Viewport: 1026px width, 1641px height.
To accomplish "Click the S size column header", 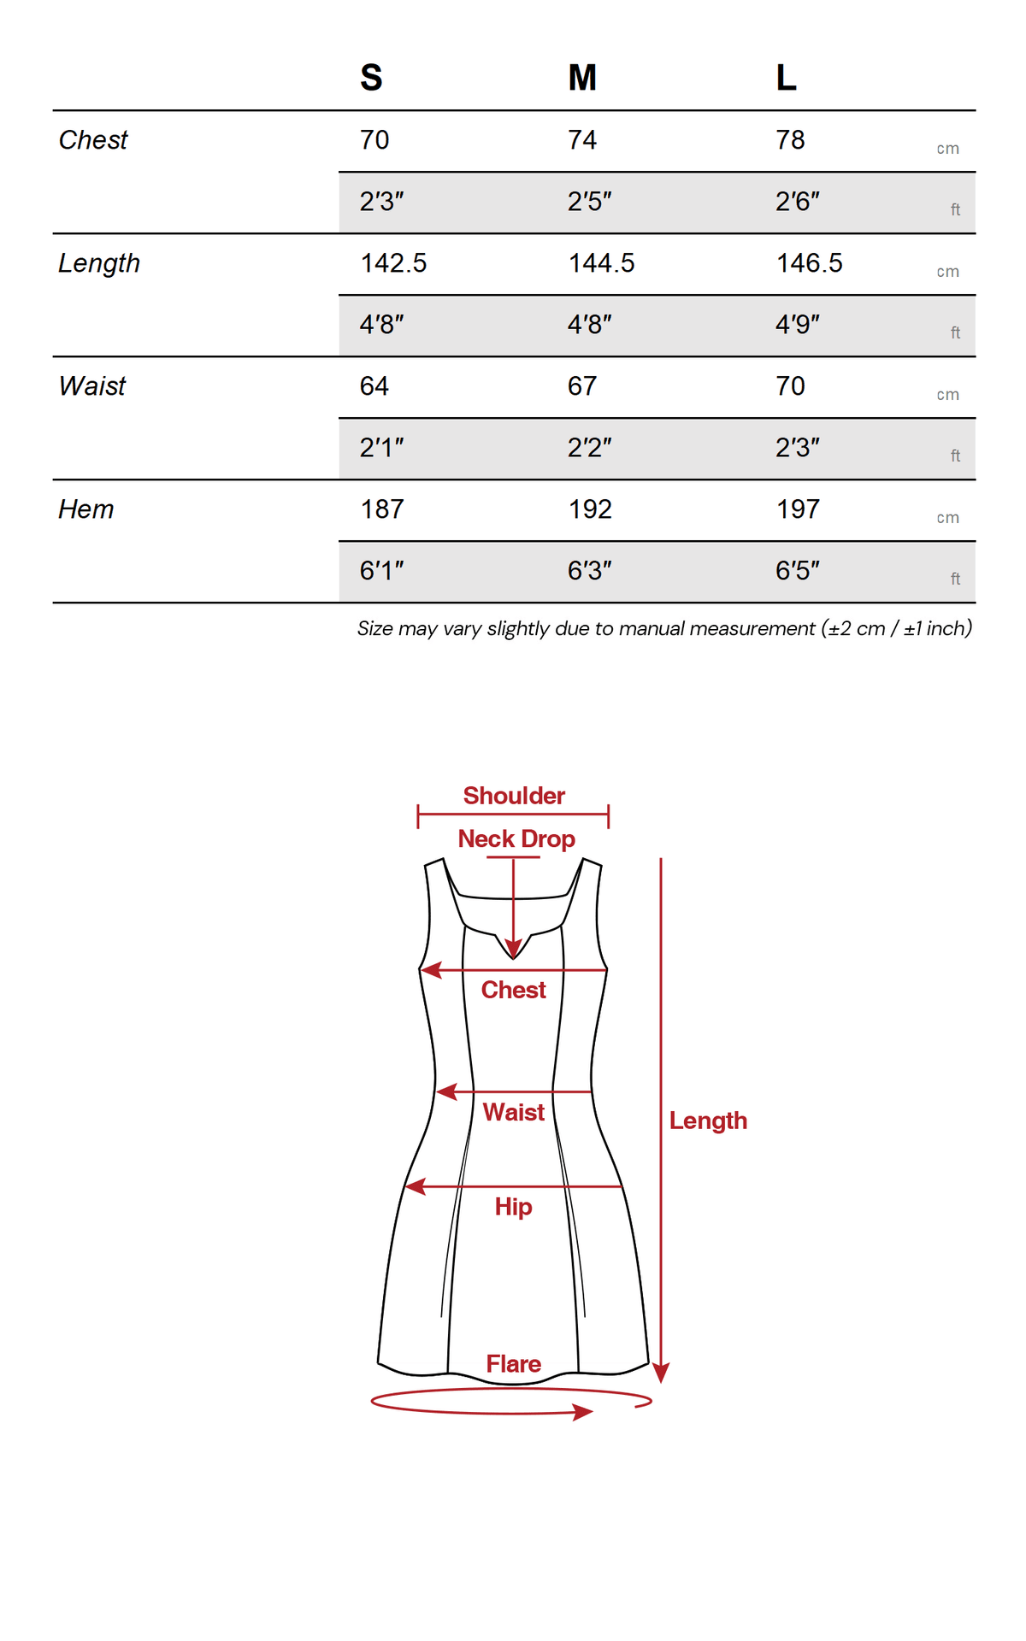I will [371, 78].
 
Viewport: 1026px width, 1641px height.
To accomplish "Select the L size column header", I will [787, 78].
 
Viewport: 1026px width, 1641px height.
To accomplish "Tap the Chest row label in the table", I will [93, 140].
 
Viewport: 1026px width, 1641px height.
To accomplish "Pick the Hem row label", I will [86, 509].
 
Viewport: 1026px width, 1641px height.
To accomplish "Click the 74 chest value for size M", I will [582, 140].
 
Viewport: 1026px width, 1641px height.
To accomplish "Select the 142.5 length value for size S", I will [393, 263].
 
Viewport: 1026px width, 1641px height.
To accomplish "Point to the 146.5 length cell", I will [809, 263].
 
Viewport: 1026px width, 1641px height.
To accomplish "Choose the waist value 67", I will [582, 386].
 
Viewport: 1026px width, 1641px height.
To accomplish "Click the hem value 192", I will [590, 509].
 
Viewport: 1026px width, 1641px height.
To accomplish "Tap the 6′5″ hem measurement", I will [797, 571].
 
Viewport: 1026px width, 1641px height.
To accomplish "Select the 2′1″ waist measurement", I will [381, 448].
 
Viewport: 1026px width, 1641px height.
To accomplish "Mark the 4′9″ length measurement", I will [797, 325].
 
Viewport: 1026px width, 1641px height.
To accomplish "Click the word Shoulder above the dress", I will [514, 796].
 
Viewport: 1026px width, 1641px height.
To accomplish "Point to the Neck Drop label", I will [516, 839].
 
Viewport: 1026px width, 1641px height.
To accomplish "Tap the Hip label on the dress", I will [513, 1207].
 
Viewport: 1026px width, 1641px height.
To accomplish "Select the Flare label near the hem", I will [513, 1364].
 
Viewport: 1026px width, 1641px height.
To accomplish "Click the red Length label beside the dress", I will [708, 1120].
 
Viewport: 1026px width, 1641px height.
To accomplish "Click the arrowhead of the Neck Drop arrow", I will [513, 950].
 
